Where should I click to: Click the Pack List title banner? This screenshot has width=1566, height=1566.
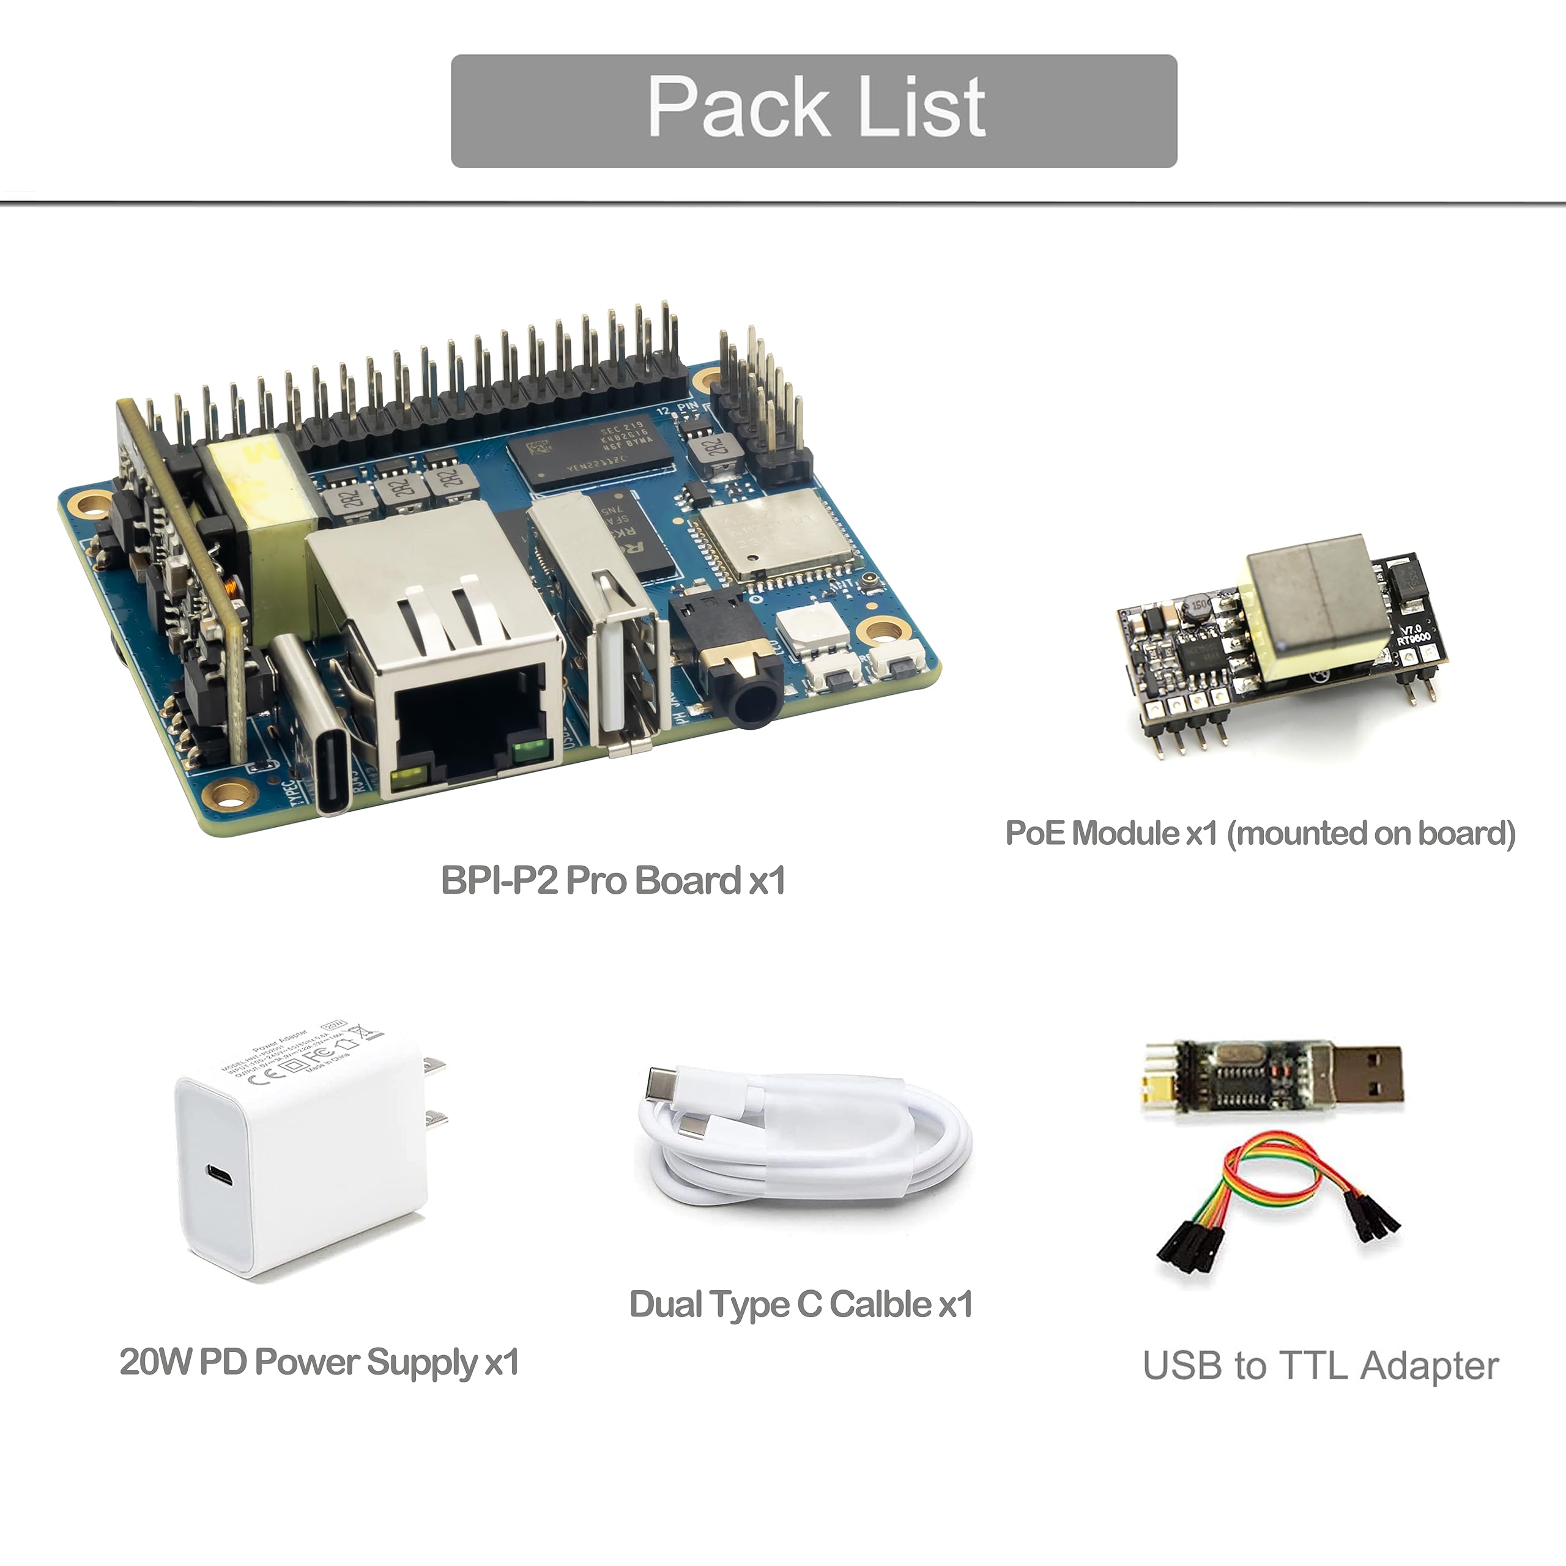(x=813, y=111)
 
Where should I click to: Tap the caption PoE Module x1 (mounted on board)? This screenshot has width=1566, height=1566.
(x=1260, y=833)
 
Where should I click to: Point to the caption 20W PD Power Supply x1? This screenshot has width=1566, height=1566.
(x=319, y=1362)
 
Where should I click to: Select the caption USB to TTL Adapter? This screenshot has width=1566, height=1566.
(x=1319, y=1366)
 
